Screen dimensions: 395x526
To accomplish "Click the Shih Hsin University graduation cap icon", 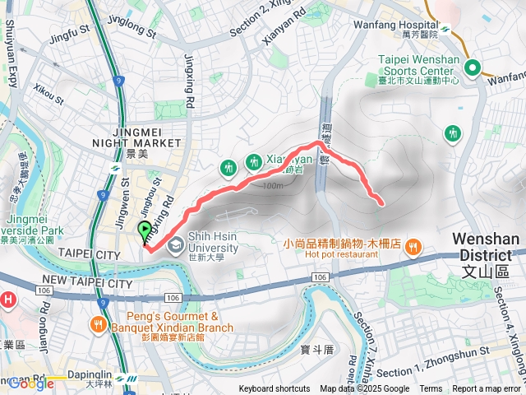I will (x=176, y=244).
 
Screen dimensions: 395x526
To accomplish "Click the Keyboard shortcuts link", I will (x=275, y=389).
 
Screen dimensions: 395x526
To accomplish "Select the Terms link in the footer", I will (x=431, y=389).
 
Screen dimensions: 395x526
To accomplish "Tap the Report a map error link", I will (x=487, y=389).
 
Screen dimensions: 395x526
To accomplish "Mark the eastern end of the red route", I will (x=383, y=202).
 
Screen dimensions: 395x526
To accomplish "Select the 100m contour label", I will (x=274, y=185).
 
